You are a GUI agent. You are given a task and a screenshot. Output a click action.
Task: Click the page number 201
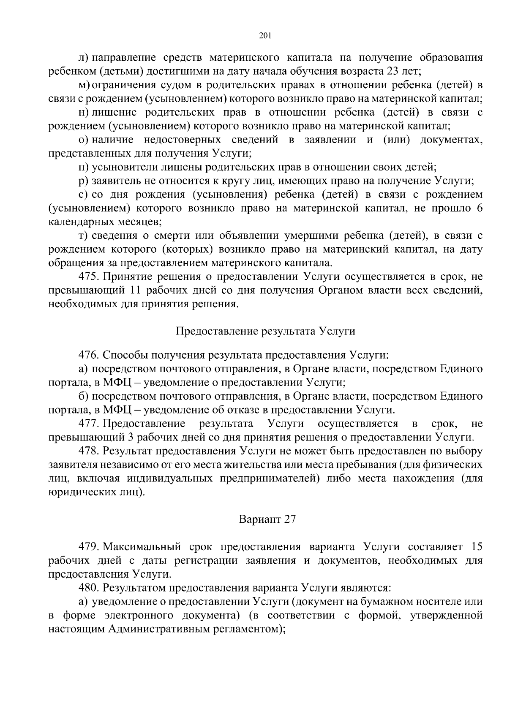[264, 35]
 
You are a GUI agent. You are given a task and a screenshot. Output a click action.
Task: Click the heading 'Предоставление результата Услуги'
[265, 331]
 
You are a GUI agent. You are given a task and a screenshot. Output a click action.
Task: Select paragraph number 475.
[89, 277]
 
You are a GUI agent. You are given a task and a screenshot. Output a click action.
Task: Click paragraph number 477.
[89, 423]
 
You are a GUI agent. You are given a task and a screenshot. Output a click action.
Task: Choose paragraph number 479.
[89, 547]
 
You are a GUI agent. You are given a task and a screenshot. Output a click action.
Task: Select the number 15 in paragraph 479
[476, 547]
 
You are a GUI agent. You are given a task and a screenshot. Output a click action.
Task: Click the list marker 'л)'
[83, 57]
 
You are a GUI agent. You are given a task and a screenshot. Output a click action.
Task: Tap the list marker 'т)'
[83, 235]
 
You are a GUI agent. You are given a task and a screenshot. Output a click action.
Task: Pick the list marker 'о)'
[83, 140]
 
